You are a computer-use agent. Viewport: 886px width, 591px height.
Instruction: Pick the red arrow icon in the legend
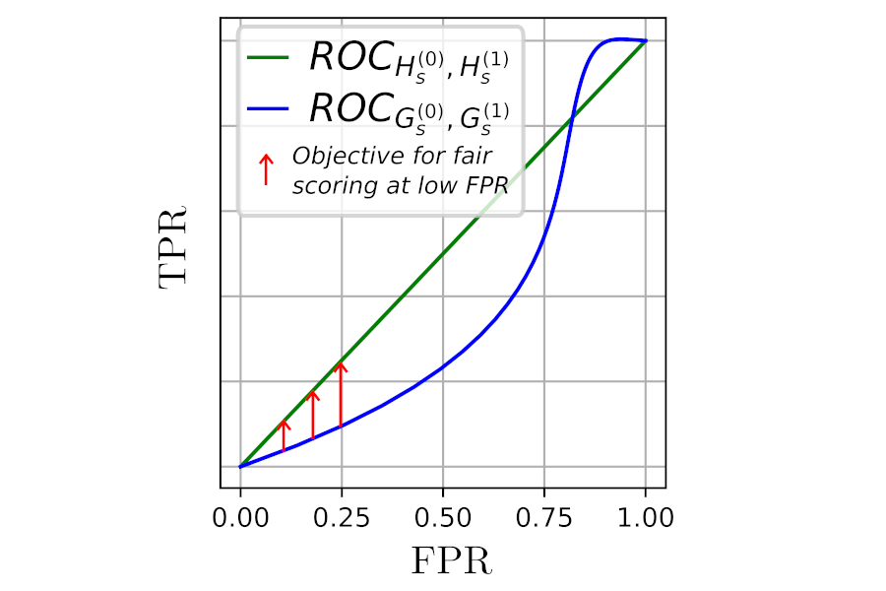[263, 169]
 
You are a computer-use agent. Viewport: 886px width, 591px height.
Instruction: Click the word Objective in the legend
[335, 158]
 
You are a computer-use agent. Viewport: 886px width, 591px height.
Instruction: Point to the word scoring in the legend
[327, 185]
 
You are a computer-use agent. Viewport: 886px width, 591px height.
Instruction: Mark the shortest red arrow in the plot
[284, 436]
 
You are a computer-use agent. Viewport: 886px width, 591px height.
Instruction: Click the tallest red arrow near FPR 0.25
[341, 394]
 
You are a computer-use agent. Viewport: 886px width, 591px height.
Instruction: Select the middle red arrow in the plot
[313, 415]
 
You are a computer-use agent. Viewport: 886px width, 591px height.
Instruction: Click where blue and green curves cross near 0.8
[571, 119]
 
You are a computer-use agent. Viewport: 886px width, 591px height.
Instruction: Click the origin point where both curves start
[239, 466]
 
